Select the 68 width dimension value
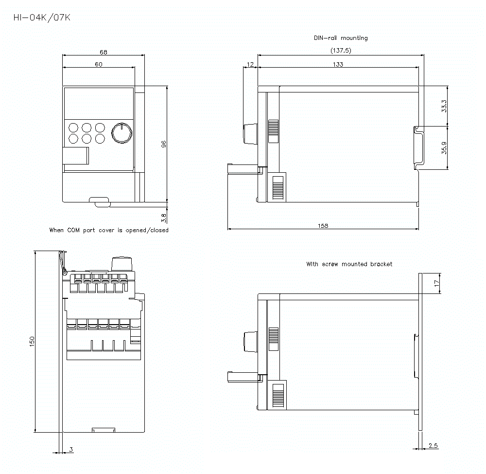(104, 52)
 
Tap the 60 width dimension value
(98, 64)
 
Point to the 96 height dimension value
(164, 144)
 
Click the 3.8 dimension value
(164, 216)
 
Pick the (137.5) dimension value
(341, 51)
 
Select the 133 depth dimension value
(338, 64)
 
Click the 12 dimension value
(250, 64)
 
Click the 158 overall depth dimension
(323, 226)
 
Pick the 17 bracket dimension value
(436, 282)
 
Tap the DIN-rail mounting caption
(341, 38)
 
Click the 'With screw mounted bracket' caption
(349, 264)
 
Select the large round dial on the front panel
(121, 133)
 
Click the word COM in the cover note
(74, 230)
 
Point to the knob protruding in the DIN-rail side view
(248, 134)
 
